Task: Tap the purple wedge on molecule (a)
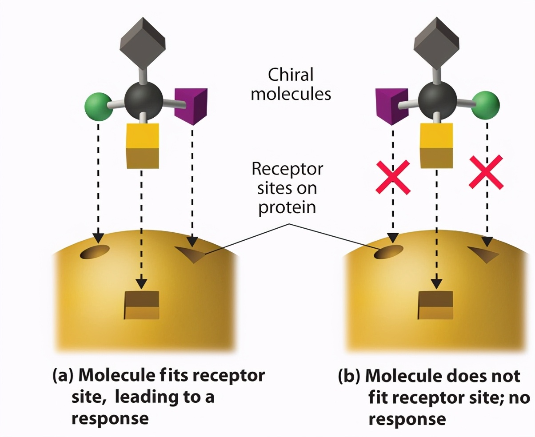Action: point(191,106)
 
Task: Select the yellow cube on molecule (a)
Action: point(142,146)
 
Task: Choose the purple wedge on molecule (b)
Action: point(392,106)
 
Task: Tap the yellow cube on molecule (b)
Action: point(436,146)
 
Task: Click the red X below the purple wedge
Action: point(393,178)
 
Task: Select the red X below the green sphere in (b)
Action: point(487,171)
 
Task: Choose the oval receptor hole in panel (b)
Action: point(389,252)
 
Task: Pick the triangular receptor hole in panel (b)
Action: point(485,254)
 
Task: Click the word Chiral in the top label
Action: point(291,75)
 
